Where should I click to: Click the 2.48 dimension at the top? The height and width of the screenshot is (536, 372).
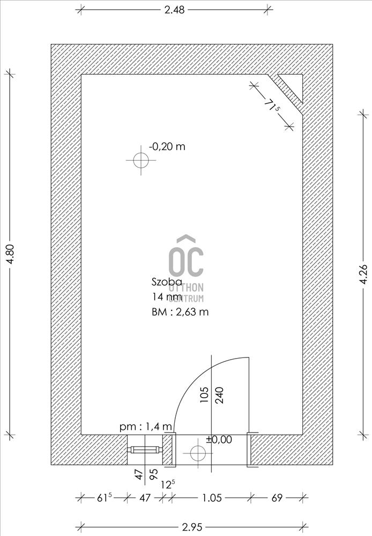tap(174, 10)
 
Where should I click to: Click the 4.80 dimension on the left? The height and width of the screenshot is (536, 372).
tap(10, 254)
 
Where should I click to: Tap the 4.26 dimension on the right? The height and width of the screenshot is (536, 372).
tap(363, 274)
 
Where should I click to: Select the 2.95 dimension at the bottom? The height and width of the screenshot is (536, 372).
tap(192, 527)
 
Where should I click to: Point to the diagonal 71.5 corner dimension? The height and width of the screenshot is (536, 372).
tap(272, 105)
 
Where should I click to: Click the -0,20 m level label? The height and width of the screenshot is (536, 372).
tap(167, 146)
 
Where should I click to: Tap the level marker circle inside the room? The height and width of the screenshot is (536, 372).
tap(141, 160)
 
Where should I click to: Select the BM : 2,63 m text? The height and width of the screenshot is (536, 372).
tap(180, 312)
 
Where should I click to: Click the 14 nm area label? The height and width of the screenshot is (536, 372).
tap(167, 296)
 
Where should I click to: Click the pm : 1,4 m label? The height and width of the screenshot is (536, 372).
tap(146, 427)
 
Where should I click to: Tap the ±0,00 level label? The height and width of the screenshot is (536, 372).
tap(219, 440)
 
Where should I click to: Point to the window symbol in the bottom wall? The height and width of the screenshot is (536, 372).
tap(144, 450)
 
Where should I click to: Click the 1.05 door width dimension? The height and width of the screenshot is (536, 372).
tap(212, 498)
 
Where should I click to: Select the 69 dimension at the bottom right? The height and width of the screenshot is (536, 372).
tap(277, 498)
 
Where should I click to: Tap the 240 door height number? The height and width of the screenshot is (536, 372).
tap(220, 395)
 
